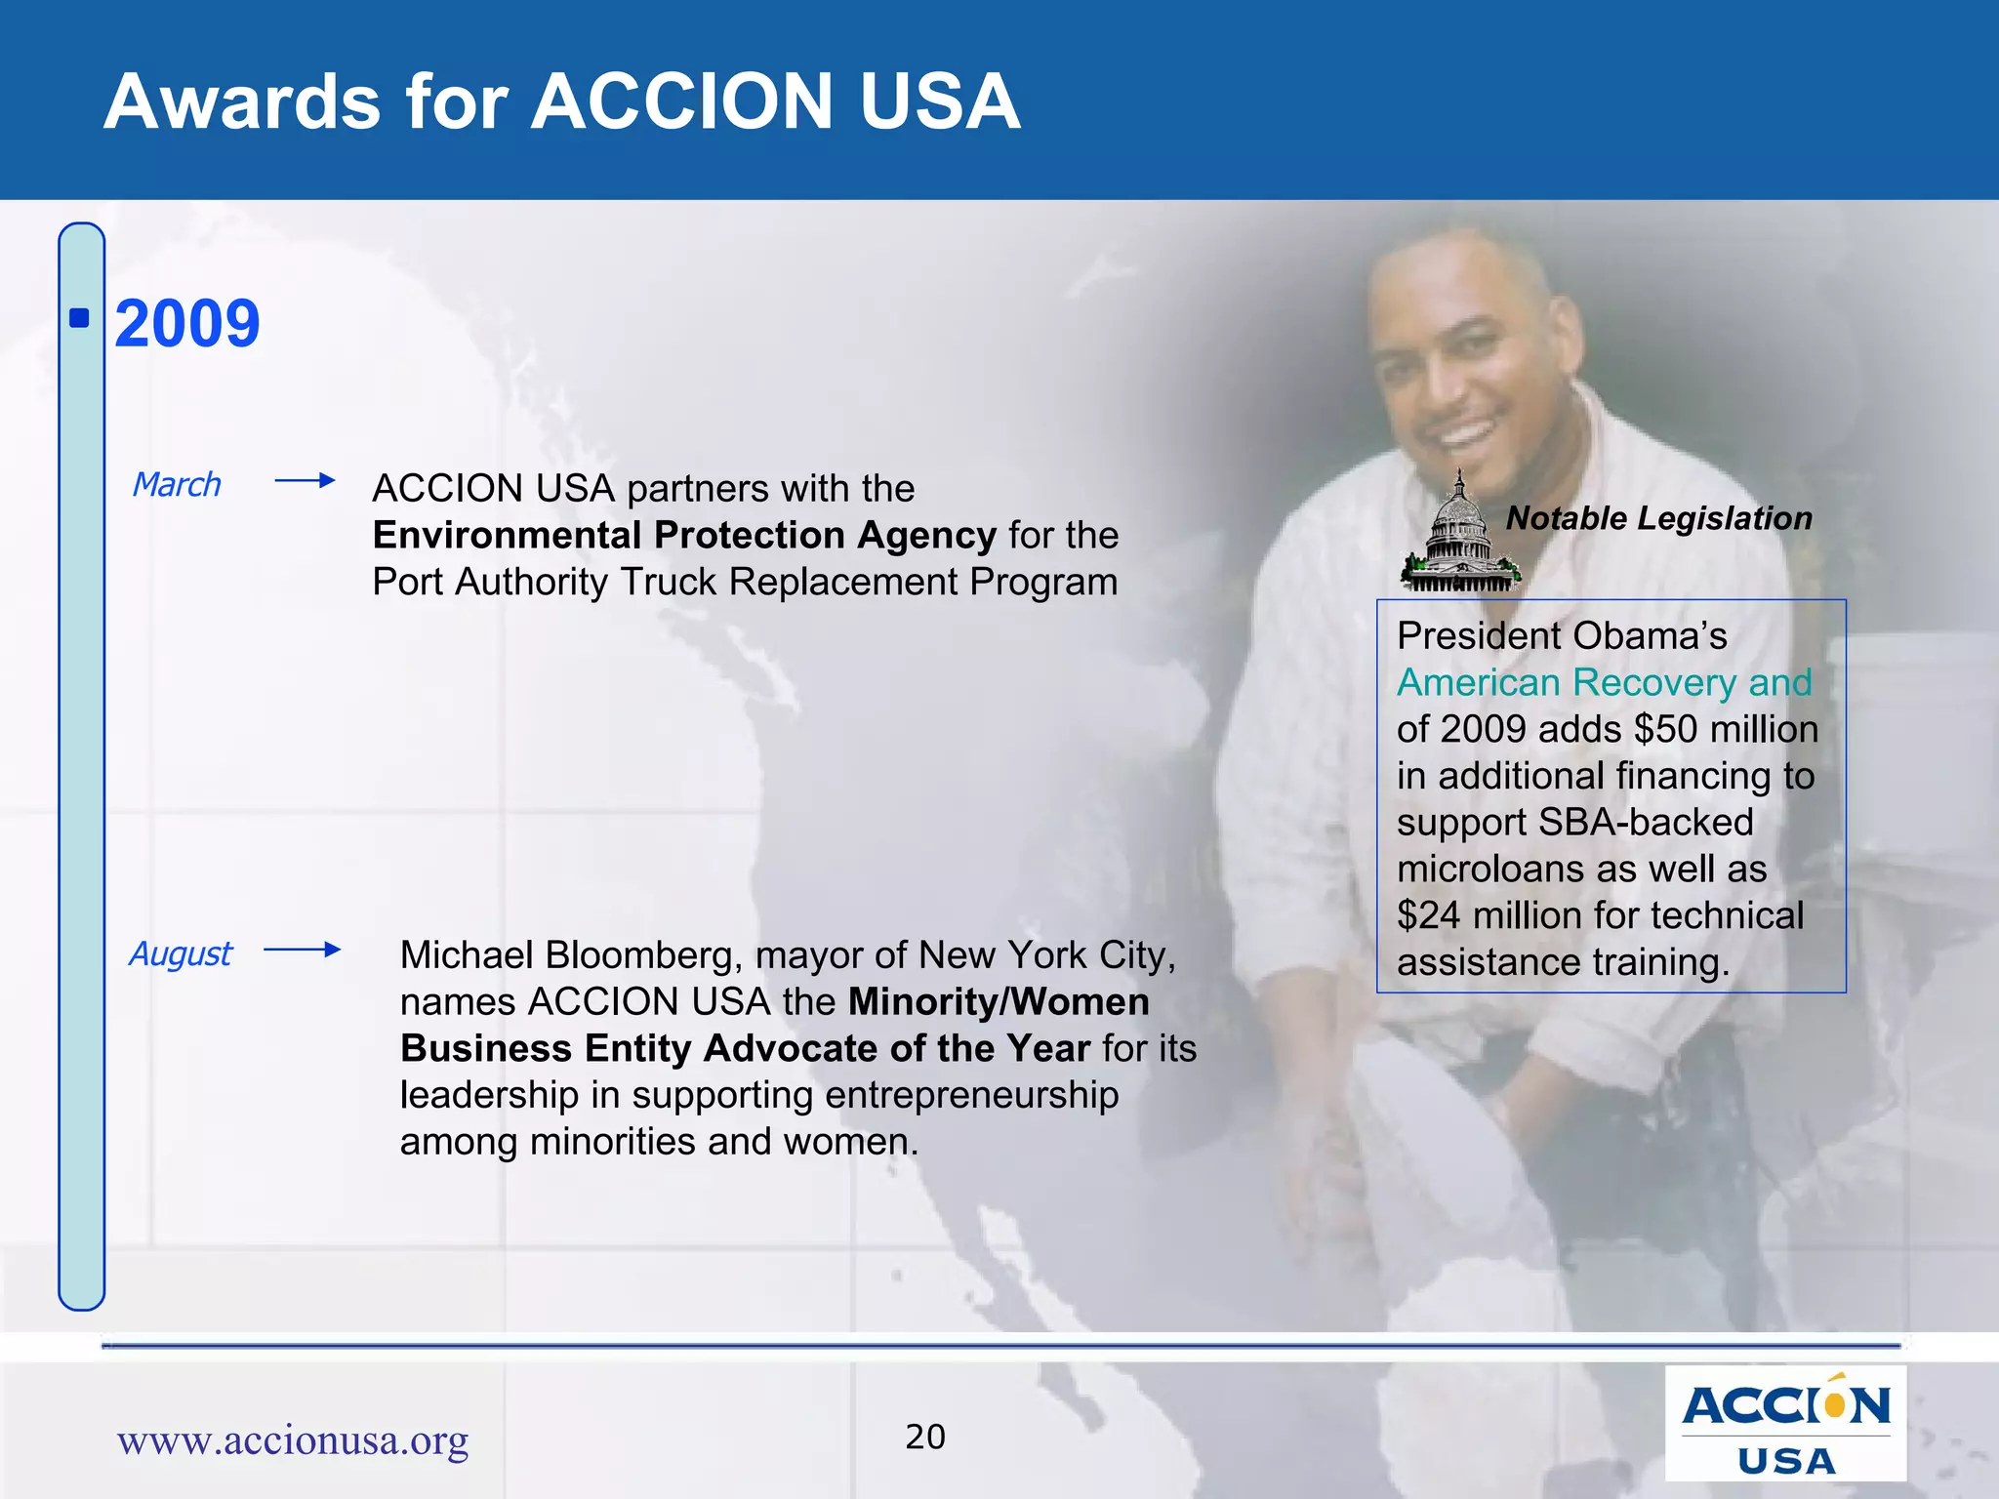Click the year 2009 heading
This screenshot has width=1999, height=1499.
pyautogui.click(x=186, y=324)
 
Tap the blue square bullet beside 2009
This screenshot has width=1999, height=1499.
pyautogui.click(x=80, y=318)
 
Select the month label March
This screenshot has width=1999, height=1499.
pyautogui.click(x=177, y=484)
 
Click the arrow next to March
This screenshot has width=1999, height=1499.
pyautogui.click(x=305, y=480)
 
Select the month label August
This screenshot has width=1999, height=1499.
pyautogui.click(x=181, y=953)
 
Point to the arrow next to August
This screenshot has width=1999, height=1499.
pyautogui.click(x=302, y=950)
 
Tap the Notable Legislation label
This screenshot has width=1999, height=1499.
pyautogui.click(x=1658, y=518)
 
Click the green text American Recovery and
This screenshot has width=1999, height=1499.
pyautogui.click(x=1604, y=682)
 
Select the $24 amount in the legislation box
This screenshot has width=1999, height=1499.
pyautogui.click(x=1428, y=915)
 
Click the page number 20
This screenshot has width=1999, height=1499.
pyautogui.click(x=924, y=1437)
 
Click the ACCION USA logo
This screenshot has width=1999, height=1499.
pyautogui.click(x=1785, y=1424)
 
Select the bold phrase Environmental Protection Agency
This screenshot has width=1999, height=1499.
pyautogui.click(x=683, y=535)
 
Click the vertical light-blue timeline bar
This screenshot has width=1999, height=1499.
pyautogui.click(x=82, y=781)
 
